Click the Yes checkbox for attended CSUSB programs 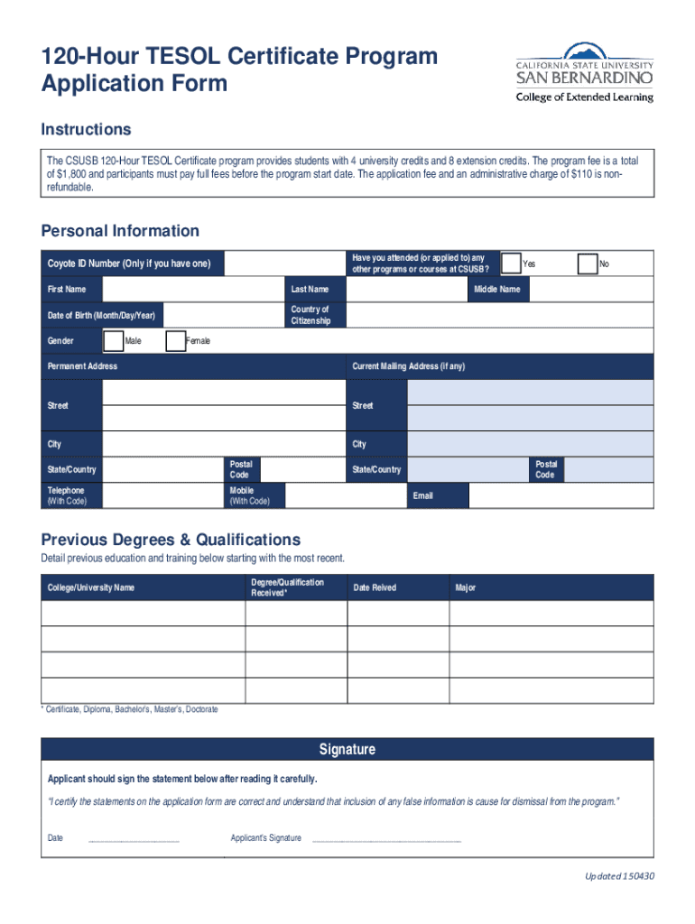(511, 263)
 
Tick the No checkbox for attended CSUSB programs (587, 263)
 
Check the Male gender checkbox (114, 340)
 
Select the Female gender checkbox (176, 340)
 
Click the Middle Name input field (591, 289)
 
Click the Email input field (561, 495)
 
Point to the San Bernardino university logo (583, 72)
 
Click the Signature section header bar (347, 750)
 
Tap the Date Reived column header (375, 587)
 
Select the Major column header (466, 587)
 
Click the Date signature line (134, 840)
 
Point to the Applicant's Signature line (385, 840)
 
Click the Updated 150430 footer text (618, 875)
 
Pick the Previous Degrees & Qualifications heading (171, 540)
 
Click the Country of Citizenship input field (499, 315)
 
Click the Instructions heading (86, 129)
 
